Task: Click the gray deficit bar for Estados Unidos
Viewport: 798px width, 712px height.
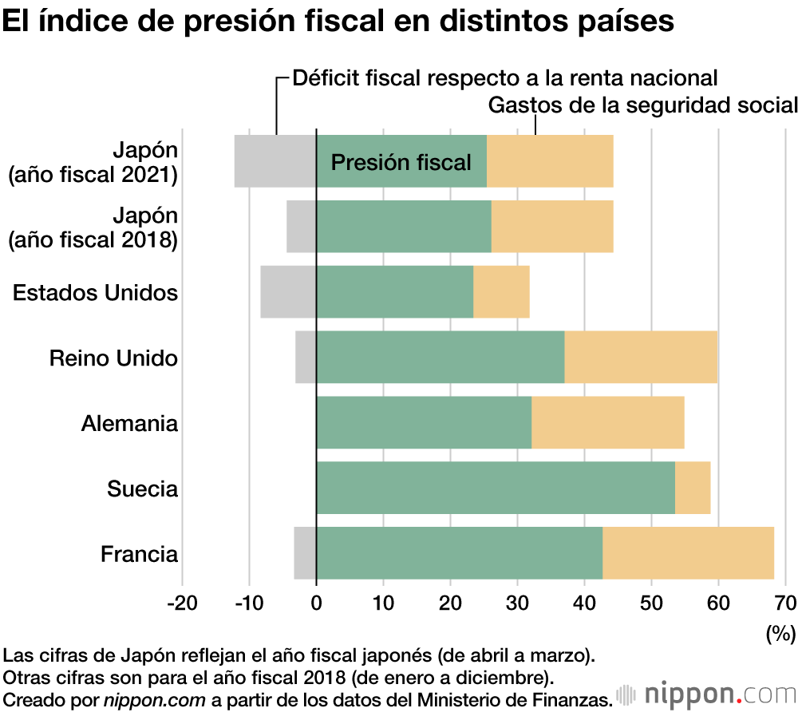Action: pyautogui.click(x=288, y=292)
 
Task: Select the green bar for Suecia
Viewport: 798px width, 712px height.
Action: pyautogui.click(x=496, y=488)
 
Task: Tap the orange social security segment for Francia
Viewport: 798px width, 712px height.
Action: pyautogui.click(x=688, y=553)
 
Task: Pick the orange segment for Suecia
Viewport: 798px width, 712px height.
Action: pyautogui.click(x=693, y=488)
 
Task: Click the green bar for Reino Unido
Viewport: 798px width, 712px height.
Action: pyautogui.click(x=440, y=357)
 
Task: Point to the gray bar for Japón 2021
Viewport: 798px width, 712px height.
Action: pyautogui.click(x=275, y=161)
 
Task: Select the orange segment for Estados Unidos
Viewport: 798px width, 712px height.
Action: pyautogui.click(x=501, y=292)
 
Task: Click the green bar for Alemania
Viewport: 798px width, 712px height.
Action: pyautogui.click(x=424, y=422)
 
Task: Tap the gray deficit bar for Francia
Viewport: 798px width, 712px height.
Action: pyautogui.click(x=305, y=553)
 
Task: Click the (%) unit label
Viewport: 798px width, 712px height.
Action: pyautogui.click(x=780, y=634)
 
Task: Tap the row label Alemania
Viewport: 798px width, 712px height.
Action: pyautogui.click(x=129, y=423)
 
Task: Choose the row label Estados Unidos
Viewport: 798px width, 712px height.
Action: pyautogui.click(x=95, y=293)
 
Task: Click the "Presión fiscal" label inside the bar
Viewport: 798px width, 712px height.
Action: pyautogui.click(x=401, y=163)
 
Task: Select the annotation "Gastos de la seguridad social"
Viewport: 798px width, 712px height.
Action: pyautogui.click(x=642, y=105)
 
